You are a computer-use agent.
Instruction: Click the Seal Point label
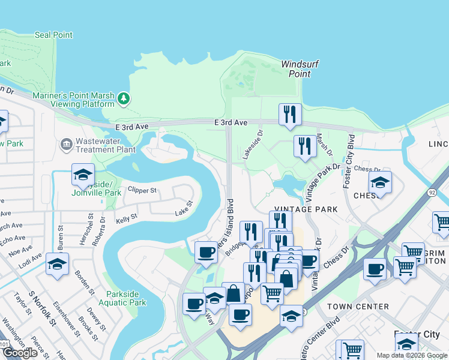53,35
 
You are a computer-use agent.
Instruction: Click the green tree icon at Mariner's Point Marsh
124,98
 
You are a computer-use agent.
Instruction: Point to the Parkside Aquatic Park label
126,298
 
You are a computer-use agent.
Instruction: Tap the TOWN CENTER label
358,307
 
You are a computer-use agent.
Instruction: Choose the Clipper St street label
142,191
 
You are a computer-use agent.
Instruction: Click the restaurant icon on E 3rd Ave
290,114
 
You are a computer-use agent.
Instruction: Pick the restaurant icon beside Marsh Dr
305,146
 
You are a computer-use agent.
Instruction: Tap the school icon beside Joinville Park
83,176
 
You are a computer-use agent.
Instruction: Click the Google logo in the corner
20,353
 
